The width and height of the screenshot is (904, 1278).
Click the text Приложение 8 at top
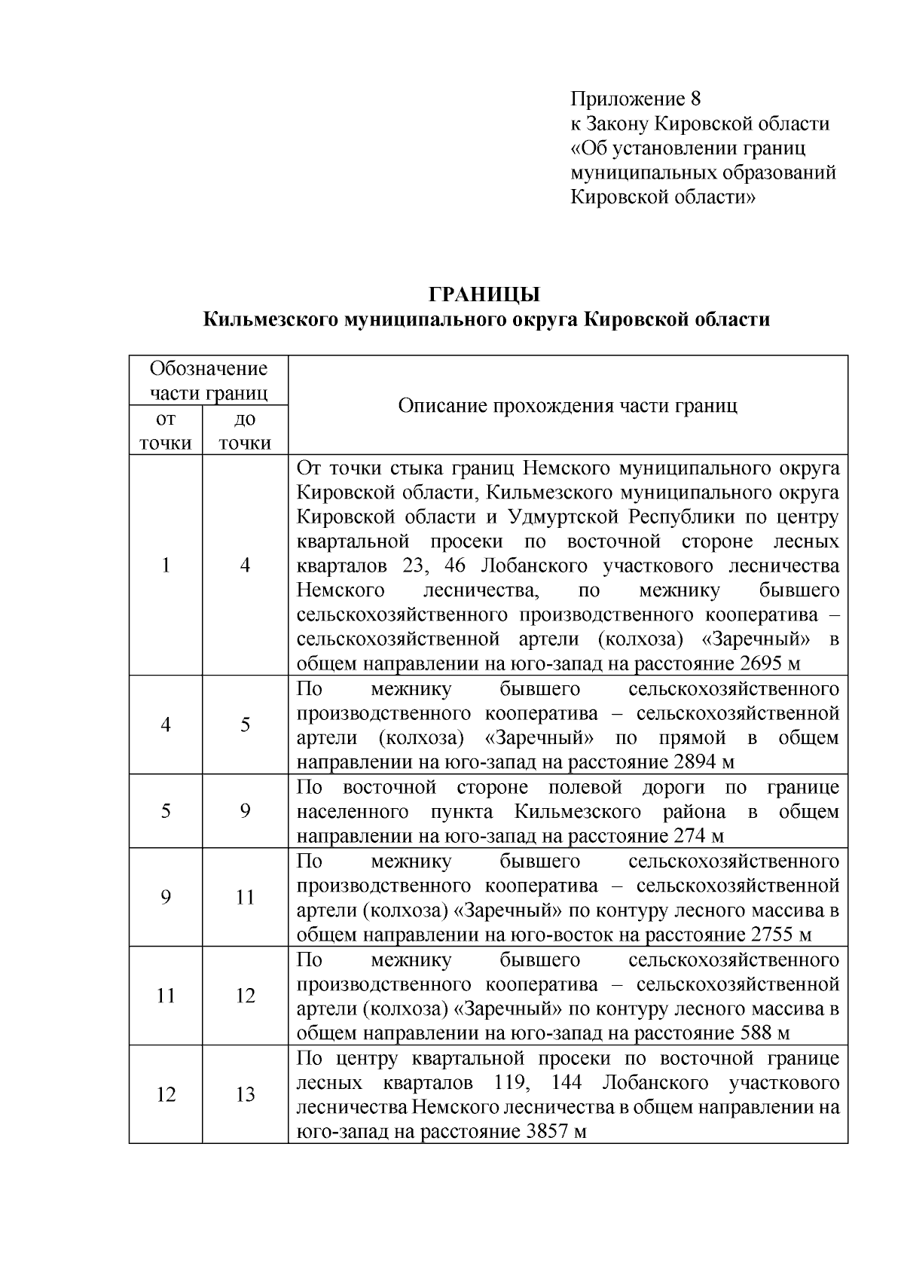tap(636, 99)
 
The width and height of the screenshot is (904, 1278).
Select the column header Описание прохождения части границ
tap(567, 406)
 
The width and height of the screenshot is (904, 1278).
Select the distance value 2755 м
tap(781, 935)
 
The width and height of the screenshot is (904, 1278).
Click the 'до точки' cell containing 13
tap(245, 1094)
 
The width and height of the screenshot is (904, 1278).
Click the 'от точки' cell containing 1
tap(165, 566)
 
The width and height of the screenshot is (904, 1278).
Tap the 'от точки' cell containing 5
tap(165, 811)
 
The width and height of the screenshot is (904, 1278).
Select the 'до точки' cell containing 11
tap(245, 897)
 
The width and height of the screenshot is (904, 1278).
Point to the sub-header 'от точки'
tap(165, 431)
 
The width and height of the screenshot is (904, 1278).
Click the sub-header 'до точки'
tap(245, 431)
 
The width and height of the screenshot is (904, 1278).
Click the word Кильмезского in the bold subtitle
tap(270, 320)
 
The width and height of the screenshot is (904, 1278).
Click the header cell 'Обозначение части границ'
tap(208, 380)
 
